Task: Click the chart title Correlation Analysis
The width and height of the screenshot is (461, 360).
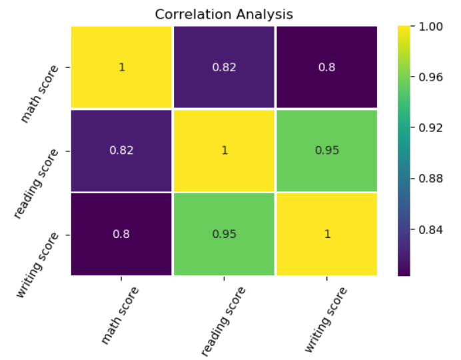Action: click(224, 13)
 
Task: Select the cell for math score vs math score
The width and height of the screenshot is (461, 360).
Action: click(121, 67)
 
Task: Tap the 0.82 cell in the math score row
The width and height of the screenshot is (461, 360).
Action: click(225, 67)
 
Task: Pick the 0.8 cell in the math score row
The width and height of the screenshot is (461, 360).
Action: click(327, 67)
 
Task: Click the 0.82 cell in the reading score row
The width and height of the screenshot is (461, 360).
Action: click(121, 150)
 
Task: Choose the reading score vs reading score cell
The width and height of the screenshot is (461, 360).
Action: click(225, 150)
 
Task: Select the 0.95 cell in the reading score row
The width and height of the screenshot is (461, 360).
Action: click(327, 150)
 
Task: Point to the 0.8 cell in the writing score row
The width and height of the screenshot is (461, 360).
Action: click(121, 234)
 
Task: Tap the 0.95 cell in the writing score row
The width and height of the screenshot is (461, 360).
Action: click(225, 234)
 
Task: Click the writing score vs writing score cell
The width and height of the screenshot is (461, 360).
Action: click(327, 234)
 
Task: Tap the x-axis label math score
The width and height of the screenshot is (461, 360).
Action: click(121, 315)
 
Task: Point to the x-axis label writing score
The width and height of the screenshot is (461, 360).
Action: click(326, 319)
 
